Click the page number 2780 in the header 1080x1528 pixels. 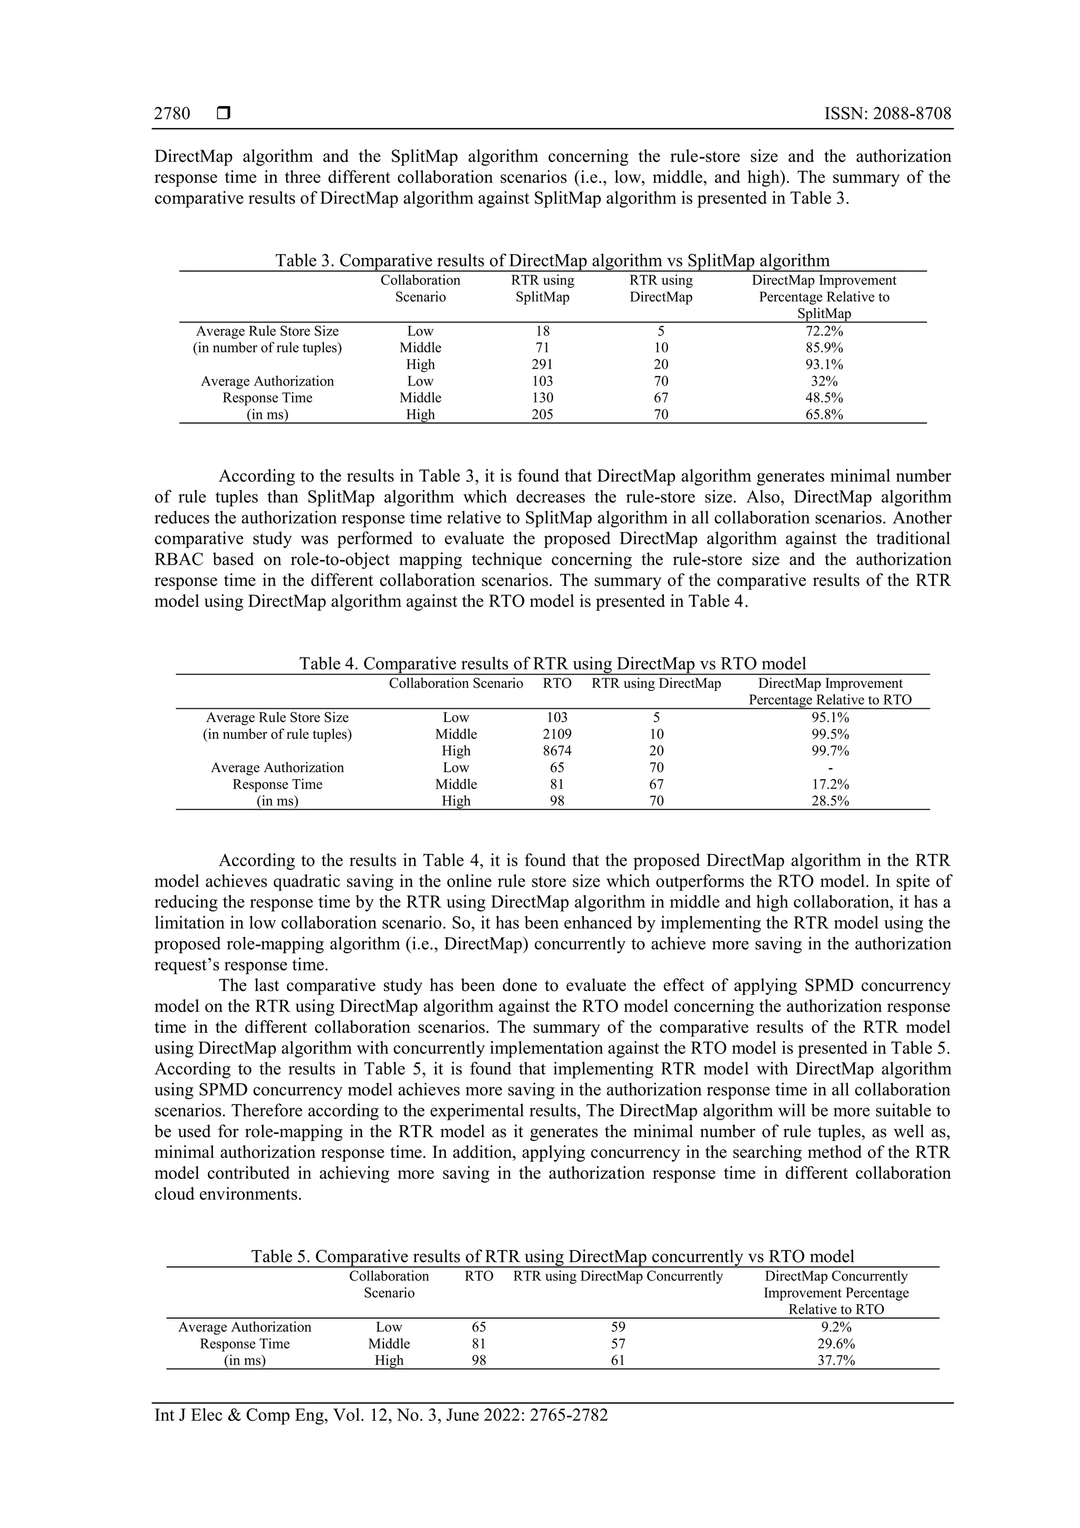point(172,114)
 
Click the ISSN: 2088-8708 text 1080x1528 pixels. point(887,114)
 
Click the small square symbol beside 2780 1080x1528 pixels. point(224,114)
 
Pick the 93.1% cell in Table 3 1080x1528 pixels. point(824,364)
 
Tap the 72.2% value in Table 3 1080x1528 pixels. point(824,331)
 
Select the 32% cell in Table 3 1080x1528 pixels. point(824,381)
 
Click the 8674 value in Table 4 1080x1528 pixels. point(557,751)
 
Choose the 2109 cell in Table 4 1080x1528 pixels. point(557,734)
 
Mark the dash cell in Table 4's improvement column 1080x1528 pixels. point(830,768)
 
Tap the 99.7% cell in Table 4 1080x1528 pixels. point(830,751)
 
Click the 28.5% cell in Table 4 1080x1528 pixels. point(830,801)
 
